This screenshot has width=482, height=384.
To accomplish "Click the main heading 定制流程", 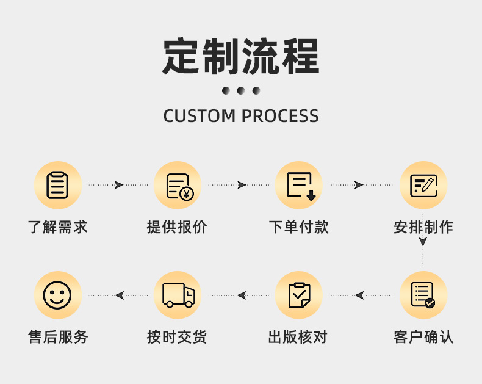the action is (241, 57).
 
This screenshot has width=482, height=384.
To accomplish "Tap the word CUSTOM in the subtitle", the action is (199, 116).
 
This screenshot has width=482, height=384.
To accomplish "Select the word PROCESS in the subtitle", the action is (280, 116).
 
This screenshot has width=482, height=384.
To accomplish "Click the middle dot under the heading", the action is (241, 90).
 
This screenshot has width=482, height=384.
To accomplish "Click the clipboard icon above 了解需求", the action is (57, 185).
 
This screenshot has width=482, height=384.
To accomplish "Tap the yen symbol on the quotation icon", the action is (187, 194).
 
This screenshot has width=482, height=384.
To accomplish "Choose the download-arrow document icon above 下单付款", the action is (301, 186).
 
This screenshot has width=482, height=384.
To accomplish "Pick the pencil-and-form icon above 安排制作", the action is (423, 186).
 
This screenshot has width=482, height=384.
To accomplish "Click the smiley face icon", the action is (57, 295).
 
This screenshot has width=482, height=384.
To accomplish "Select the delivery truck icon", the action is (179, 295).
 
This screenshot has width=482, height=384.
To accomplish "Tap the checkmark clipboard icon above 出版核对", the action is (299, 295).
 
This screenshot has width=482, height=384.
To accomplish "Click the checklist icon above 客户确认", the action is (423, 295).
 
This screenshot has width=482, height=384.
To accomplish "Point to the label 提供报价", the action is (177, 227).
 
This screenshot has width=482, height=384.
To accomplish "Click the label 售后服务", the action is (58, 336).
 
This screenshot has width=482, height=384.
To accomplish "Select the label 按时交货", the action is (177, 336).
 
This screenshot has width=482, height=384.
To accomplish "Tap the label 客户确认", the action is (423, 336).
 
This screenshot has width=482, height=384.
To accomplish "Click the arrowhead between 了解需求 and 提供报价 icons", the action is (118, 185).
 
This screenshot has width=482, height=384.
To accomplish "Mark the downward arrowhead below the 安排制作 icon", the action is (423, 242).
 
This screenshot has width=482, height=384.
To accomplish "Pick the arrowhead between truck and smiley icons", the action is (119, 295).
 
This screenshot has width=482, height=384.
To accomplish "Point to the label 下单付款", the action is (299, 227).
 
